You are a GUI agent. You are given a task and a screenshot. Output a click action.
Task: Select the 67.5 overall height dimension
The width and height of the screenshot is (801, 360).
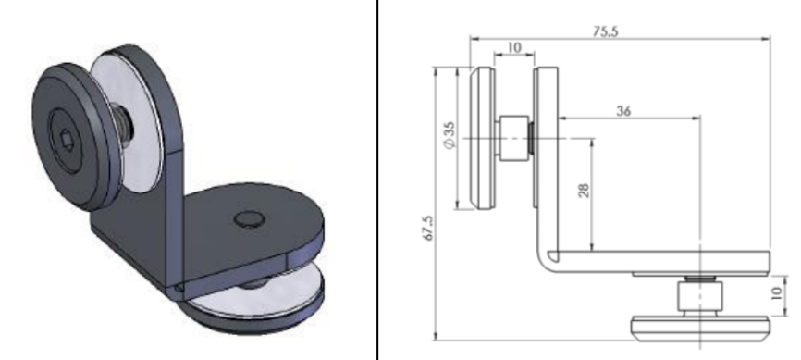click(426, 226)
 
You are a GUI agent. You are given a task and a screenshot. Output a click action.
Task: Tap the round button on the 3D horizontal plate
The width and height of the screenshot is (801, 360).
click(247, 218)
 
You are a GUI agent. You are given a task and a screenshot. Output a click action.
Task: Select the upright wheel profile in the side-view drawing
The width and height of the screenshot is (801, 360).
click(482, 139)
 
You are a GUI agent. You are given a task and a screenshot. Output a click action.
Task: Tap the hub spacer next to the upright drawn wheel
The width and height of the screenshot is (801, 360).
click(511, 139)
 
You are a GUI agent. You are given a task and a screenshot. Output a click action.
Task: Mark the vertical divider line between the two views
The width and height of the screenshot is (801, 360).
click(376, 180)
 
